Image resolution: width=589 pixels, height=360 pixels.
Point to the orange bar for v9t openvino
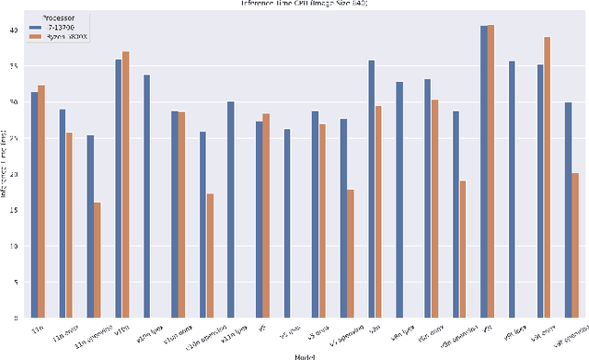575,245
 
